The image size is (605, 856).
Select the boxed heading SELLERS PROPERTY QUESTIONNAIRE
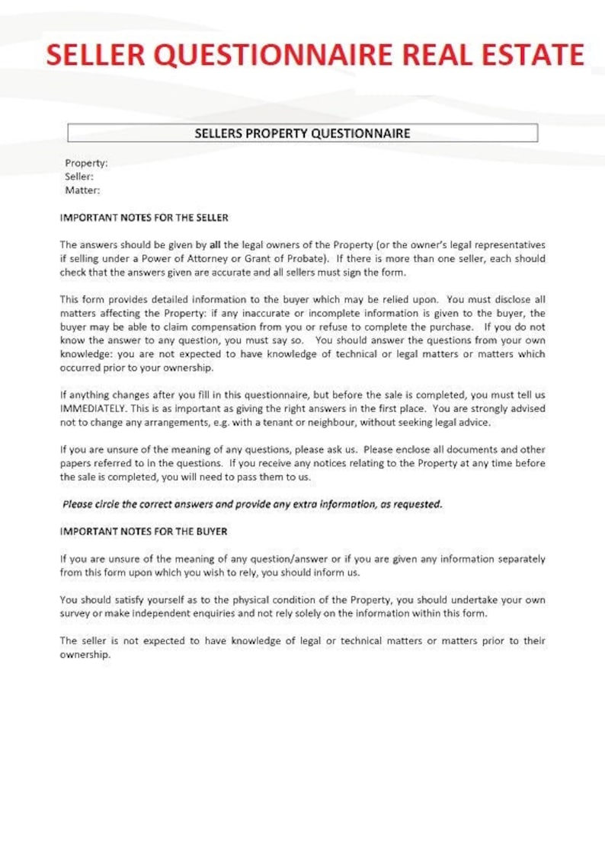[x=302, y=133]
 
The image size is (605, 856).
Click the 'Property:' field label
[x=86, y=163]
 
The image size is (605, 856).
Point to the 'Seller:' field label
[x=79, y=177]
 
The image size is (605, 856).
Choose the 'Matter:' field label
[x=82, y=190]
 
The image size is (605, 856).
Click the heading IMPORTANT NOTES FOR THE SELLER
[x=144, y=218]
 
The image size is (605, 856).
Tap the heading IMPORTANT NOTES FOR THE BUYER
[x=143, y=532]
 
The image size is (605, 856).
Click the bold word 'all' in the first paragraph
[x=215, y=245]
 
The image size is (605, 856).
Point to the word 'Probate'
[x=306, y=259]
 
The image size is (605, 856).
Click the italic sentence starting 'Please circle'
[x=252, y=504]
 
